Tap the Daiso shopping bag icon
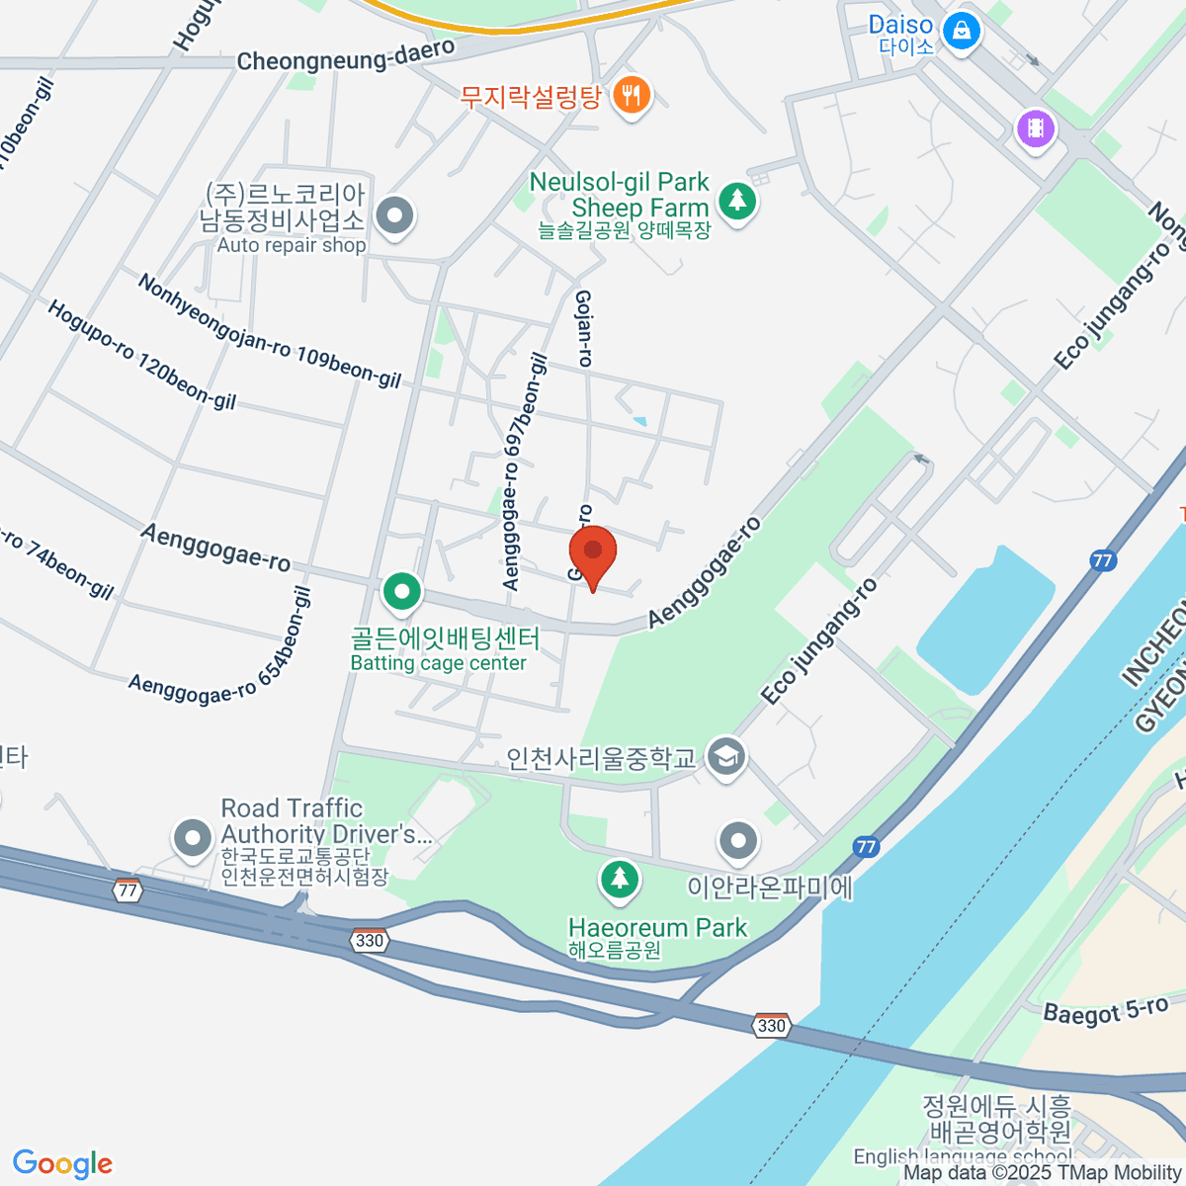coord(960,30)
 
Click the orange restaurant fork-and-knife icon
coord(632,96)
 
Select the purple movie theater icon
coord(1035,127)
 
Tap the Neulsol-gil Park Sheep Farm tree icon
coord(736,201)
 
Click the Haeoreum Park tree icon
coord(619,878)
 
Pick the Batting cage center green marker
coord(401,593)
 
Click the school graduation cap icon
coord(726,757)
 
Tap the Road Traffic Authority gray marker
coord(192,839)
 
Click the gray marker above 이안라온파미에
coord(737,842)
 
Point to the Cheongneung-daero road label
coord(346,55)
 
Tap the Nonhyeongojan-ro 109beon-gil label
coord(269,331)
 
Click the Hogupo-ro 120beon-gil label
coord(141,355)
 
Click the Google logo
coord(62,1164)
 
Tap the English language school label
coord(963,1156)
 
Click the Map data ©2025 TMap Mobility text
coord(1043,1173)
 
